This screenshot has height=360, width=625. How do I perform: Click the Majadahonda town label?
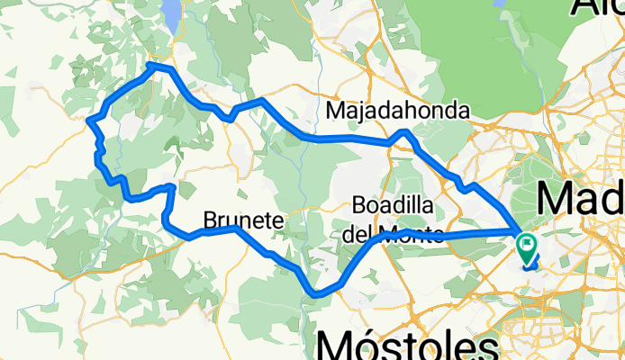[x=399, y=111]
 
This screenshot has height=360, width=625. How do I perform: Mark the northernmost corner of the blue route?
[x=154, y=65]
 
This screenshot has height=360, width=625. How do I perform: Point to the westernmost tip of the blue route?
[x=89, y=119]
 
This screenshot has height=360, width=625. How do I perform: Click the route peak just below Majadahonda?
[x=406, y=132]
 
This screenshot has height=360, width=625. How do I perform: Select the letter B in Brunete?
[x=210, y=220]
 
